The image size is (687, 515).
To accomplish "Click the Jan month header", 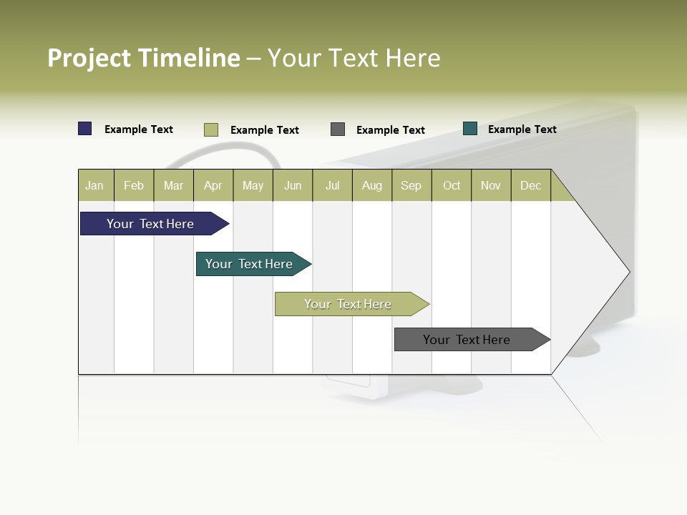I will point(95,186).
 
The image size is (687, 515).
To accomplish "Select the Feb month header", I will point(134,186).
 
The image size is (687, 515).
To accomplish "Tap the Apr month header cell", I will point(213,186).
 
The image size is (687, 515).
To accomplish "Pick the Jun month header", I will point(293,186).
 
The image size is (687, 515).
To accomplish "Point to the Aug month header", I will point(372,186).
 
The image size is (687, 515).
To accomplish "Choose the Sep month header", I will point(411,186).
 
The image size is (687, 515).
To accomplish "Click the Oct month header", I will point(452,186).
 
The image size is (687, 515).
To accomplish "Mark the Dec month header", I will point(531,186).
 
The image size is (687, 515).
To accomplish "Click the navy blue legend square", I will point(85,129).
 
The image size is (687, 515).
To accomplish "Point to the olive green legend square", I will point(211,129).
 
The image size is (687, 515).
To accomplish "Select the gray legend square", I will point(338,129).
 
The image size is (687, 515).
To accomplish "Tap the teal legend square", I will point(470,129).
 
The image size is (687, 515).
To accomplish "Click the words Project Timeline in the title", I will point(144,58).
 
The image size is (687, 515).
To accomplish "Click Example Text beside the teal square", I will point(522,129).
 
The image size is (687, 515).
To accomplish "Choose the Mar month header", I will point(173,186).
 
